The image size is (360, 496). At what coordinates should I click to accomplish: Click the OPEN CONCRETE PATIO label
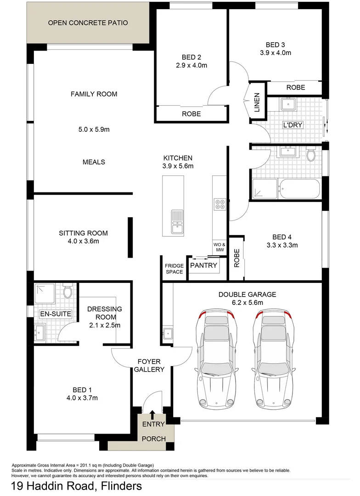click(x=88, y=23)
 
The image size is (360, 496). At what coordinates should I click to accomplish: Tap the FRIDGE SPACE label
click(x=174, y=269)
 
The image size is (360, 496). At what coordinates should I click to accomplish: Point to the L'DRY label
click(x=293, y=125)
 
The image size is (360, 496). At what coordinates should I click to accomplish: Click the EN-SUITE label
click(x=56, y=314)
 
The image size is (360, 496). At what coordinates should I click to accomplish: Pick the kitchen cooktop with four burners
click(x=220, y=203)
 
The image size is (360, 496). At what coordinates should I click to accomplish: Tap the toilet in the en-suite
click(x=67, y=292)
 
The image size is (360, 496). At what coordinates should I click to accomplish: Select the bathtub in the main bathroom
click(x=299, y=189)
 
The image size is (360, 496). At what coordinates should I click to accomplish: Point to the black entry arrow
click(x=152, y=415)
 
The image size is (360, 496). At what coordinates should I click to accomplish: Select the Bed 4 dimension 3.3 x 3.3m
click(x=283, y=245)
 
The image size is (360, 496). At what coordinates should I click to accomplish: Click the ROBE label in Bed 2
click(x=191, y=114)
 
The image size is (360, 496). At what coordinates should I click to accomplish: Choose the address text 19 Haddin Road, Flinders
click(x=76, y=486)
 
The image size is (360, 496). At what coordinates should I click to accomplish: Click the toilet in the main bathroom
click(x=311, y=155)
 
